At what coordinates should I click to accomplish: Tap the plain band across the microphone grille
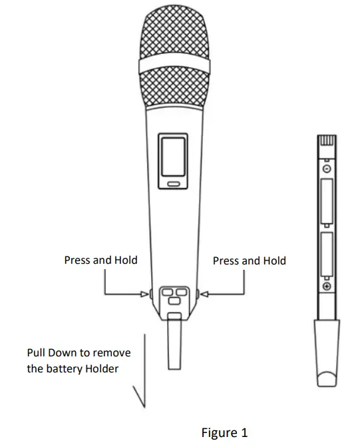176,67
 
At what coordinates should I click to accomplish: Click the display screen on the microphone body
173,157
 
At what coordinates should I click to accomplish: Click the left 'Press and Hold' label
100,260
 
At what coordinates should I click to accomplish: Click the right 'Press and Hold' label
249,260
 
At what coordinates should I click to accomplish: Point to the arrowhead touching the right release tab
204,293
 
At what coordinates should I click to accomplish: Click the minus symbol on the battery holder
326,170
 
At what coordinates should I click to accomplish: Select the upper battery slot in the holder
326,203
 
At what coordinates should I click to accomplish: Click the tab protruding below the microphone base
174,343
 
